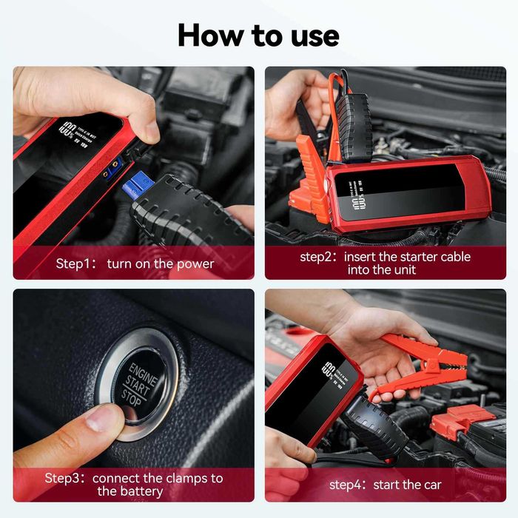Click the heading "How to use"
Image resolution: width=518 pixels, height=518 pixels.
(x=258, y=35)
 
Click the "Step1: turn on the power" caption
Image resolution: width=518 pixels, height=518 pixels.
(x=135, y=263)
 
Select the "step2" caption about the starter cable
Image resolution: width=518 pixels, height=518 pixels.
(x=385, y=263)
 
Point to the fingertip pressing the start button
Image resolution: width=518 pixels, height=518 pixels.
(x=100, y=423)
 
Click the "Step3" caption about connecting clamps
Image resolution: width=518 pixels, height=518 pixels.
(x=134, y=485)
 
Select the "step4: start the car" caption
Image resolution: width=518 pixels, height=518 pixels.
(x=385, y=485)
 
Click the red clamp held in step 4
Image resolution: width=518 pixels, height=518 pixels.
(x=422, y=363)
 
